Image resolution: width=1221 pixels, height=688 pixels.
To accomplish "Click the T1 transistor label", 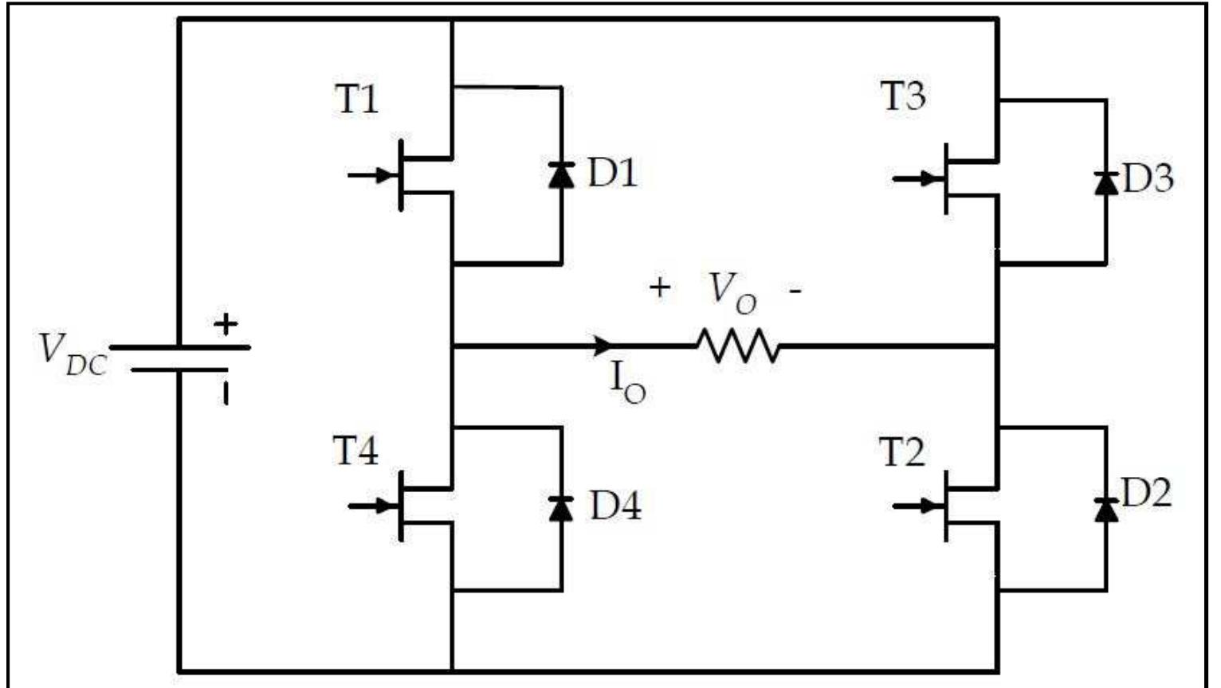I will pyautogui.click(x=356, y=100).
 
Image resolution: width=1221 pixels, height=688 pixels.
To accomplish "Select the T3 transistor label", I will pyautogui.click(x=903, y=96).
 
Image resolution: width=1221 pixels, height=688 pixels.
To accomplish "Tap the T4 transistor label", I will pyautogui.click(x=355, y=451).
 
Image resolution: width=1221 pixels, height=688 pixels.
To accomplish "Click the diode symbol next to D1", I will pyautogui.click(x=561, y=174).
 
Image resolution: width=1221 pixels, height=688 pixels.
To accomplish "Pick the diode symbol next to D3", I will pyautogui.click(x=1105, y=182).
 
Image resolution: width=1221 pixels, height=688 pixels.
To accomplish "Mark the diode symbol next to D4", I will pyautogui.click(x=561, y=507).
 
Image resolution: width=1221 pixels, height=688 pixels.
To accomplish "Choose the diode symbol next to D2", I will pyautogui.click(x=1105, y=507).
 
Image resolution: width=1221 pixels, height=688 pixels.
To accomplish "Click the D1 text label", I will pyautogui.click(x=612, y=173).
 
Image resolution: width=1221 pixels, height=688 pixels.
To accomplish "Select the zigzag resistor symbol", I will pyautogui.click(x=738, y=346).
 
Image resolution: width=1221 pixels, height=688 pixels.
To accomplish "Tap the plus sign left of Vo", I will pyautogui.click(x=659, y=287).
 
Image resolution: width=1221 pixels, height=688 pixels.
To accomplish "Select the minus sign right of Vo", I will pyautogui.click(x=795, y=291).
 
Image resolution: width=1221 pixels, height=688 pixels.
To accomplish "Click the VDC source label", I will pyautogui.click(x=72, y=354).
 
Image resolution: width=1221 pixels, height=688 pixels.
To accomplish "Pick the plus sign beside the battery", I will pyautogui.click(x=226, y=324).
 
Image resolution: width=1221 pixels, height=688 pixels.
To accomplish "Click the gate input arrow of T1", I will pyautogui.click(x=373, y=174).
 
